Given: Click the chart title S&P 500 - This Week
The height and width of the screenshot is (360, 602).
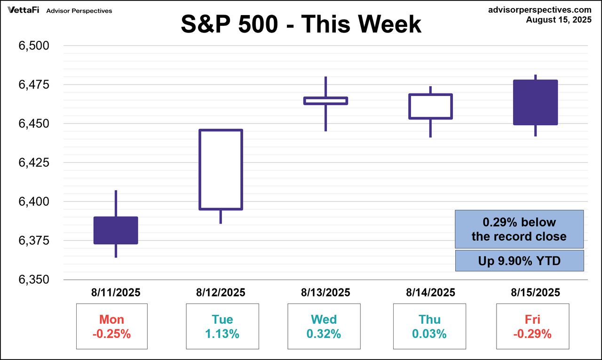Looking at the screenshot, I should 301,24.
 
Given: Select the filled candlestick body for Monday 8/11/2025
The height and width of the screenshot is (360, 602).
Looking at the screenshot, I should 116,231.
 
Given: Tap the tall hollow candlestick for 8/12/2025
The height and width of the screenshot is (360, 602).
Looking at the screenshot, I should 221,169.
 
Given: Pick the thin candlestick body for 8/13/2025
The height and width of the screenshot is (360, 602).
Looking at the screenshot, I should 325,101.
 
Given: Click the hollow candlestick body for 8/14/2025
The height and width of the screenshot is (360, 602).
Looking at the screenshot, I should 430,106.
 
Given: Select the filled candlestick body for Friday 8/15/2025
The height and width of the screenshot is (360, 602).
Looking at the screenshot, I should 536,102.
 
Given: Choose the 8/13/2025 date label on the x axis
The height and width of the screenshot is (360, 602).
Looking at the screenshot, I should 325,293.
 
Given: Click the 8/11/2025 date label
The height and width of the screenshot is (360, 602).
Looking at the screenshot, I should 116,293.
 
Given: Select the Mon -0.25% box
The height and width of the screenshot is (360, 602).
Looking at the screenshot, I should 112,327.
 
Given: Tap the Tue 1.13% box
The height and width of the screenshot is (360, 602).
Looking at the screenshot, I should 222,327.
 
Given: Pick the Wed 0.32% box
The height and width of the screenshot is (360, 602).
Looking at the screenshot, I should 324,327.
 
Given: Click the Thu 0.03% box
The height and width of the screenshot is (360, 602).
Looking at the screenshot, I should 429,327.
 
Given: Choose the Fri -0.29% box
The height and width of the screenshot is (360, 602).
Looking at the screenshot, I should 532,327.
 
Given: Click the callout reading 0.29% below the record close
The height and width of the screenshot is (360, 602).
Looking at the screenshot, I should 519,229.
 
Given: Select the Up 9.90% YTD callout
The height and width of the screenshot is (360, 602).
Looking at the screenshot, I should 519,261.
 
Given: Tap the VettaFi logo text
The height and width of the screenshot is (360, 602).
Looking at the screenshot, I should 24,10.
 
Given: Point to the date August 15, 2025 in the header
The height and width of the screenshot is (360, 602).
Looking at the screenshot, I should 558,19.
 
